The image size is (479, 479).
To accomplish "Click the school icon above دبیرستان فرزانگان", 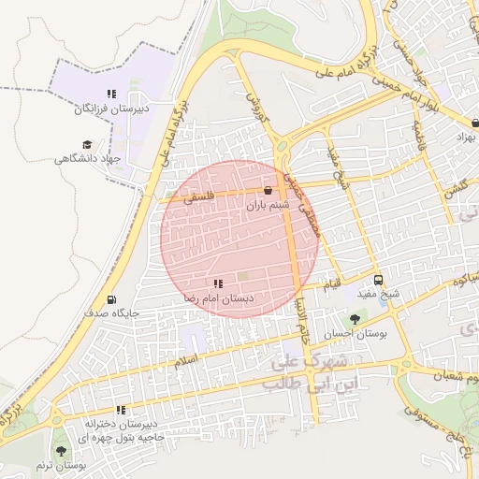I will click(x=111, y=94).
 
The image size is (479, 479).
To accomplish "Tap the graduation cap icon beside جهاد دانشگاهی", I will click(x=87, y=145).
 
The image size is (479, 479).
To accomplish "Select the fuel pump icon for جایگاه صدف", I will click(x=112, y=299).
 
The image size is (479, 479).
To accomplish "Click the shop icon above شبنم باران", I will click(x=269, y=190).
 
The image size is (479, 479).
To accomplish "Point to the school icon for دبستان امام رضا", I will click(x=218, y=283).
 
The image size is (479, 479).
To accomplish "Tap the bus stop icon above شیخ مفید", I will click(x=378, y=279).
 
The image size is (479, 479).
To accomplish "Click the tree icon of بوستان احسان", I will click(x=354, y=319).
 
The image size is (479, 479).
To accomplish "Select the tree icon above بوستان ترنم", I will click(x=61, y=451).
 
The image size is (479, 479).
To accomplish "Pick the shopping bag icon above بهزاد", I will click(x=475, y=123).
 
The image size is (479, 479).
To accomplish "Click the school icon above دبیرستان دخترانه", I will click(x=121, y=409).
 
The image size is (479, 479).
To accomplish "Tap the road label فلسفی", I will click(x=198, y=197).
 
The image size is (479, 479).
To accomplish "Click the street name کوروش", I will click(x=256, y=108).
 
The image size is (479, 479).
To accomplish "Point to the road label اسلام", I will click(x=187, y=359).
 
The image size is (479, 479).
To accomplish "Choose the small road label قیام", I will click(x=331, y=281).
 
